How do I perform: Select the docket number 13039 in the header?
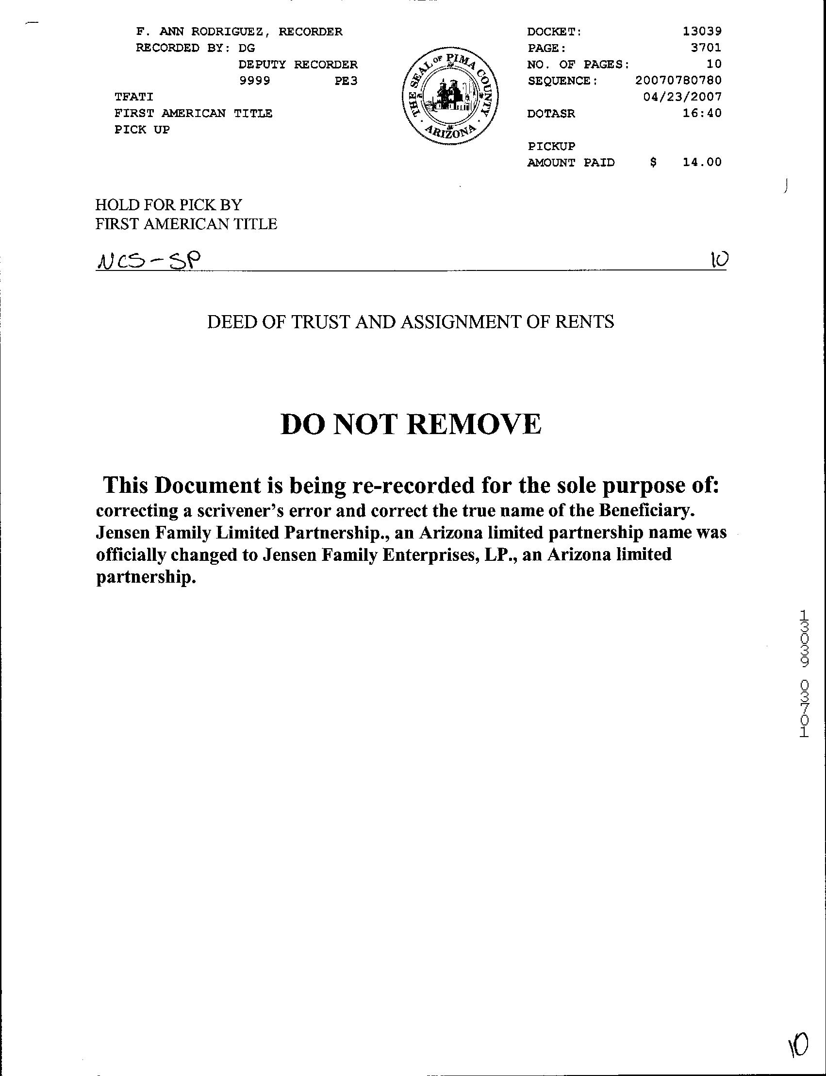pos(702,32)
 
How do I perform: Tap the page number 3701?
pos(706,48)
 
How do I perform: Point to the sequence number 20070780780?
pos(678,80)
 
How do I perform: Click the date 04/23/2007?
pos(682,97)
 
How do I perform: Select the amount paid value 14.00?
pos(702,162)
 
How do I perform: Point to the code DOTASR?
pos(551,114)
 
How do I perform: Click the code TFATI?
pos(134,97)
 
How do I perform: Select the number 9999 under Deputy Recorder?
pos(254,81)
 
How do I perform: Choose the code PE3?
pos(346,81)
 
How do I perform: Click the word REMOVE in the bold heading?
pos(475,424)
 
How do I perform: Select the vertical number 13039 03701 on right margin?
pos(804,673)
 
